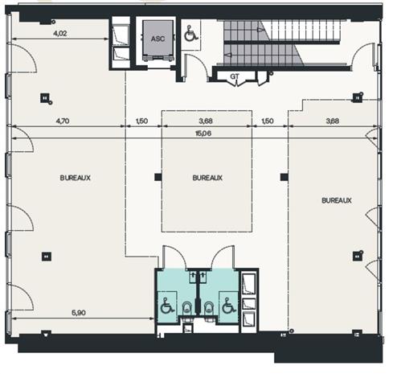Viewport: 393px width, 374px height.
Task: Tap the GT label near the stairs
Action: coord(234,76)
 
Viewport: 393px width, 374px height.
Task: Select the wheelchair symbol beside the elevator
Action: coord(190,35)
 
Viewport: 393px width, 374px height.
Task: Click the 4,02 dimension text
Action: coord(60,34)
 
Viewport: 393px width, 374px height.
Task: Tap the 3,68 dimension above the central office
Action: coord(205,121)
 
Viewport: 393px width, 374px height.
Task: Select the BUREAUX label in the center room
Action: coord(207,178)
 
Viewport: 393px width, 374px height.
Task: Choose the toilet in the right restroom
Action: coord(209,307)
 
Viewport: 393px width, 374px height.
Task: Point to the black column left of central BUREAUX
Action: coord(158,177)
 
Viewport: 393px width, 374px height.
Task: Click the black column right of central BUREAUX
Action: coord(282,177)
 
